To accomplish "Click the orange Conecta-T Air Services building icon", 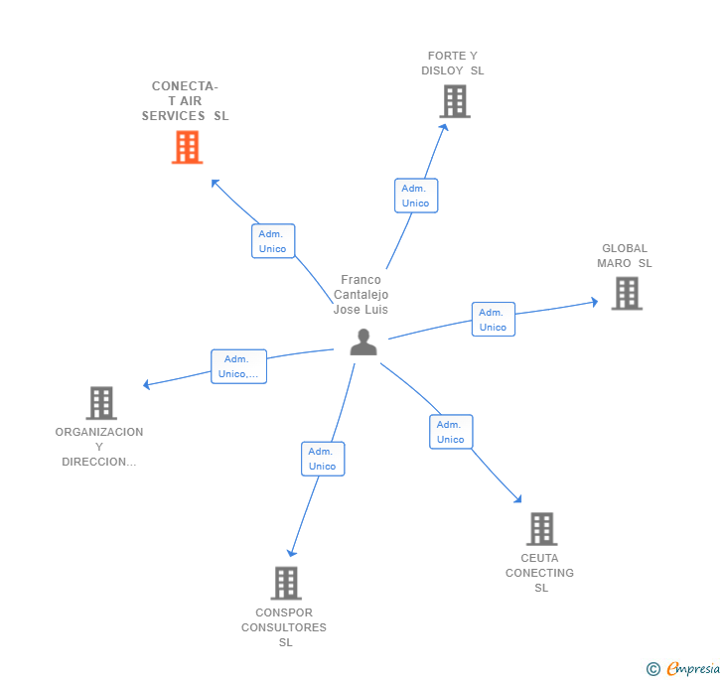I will click(187, 148).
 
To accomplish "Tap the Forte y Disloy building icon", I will click(454, 101).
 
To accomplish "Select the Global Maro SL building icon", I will click(626, 294).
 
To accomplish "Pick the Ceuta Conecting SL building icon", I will click(541, 529).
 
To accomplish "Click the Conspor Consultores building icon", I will click(285, 583).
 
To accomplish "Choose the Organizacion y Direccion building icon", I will click(101, 403).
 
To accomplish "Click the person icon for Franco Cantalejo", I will click(363, 342).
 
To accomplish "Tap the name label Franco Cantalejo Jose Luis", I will click(361, 295).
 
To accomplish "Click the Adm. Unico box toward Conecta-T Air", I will click(272, 241).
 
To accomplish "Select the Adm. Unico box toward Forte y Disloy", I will click(415, 196).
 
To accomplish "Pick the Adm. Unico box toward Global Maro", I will click(493, 320).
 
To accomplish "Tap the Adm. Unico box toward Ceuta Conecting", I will click(451, 432).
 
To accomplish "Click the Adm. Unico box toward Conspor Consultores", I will click(322, 459).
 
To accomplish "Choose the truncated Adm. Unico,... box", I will click(238, 366).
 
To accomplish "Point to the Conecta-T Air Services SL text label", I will click(185, 101).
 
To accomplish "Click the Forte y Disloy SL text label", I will click(453, 64).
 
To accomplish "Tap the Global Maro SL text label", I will click(625, 256).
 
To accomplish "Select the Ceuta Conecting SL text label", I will click(540, 573).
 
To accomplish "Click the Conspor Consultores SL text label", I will click(284, 627).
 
